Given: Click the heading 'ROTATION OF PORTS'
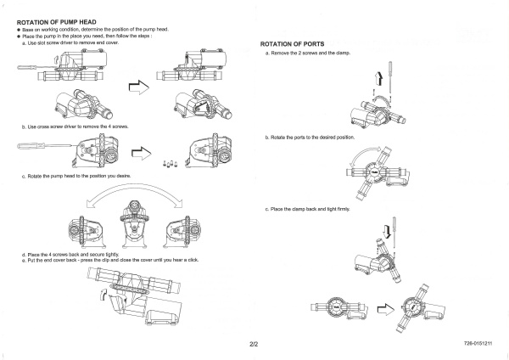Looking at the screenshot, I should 292,43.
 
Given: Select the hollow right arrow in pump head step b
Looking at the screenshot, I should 143,154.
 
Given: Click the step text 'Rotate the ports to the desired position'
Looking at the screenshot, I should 310,137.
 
